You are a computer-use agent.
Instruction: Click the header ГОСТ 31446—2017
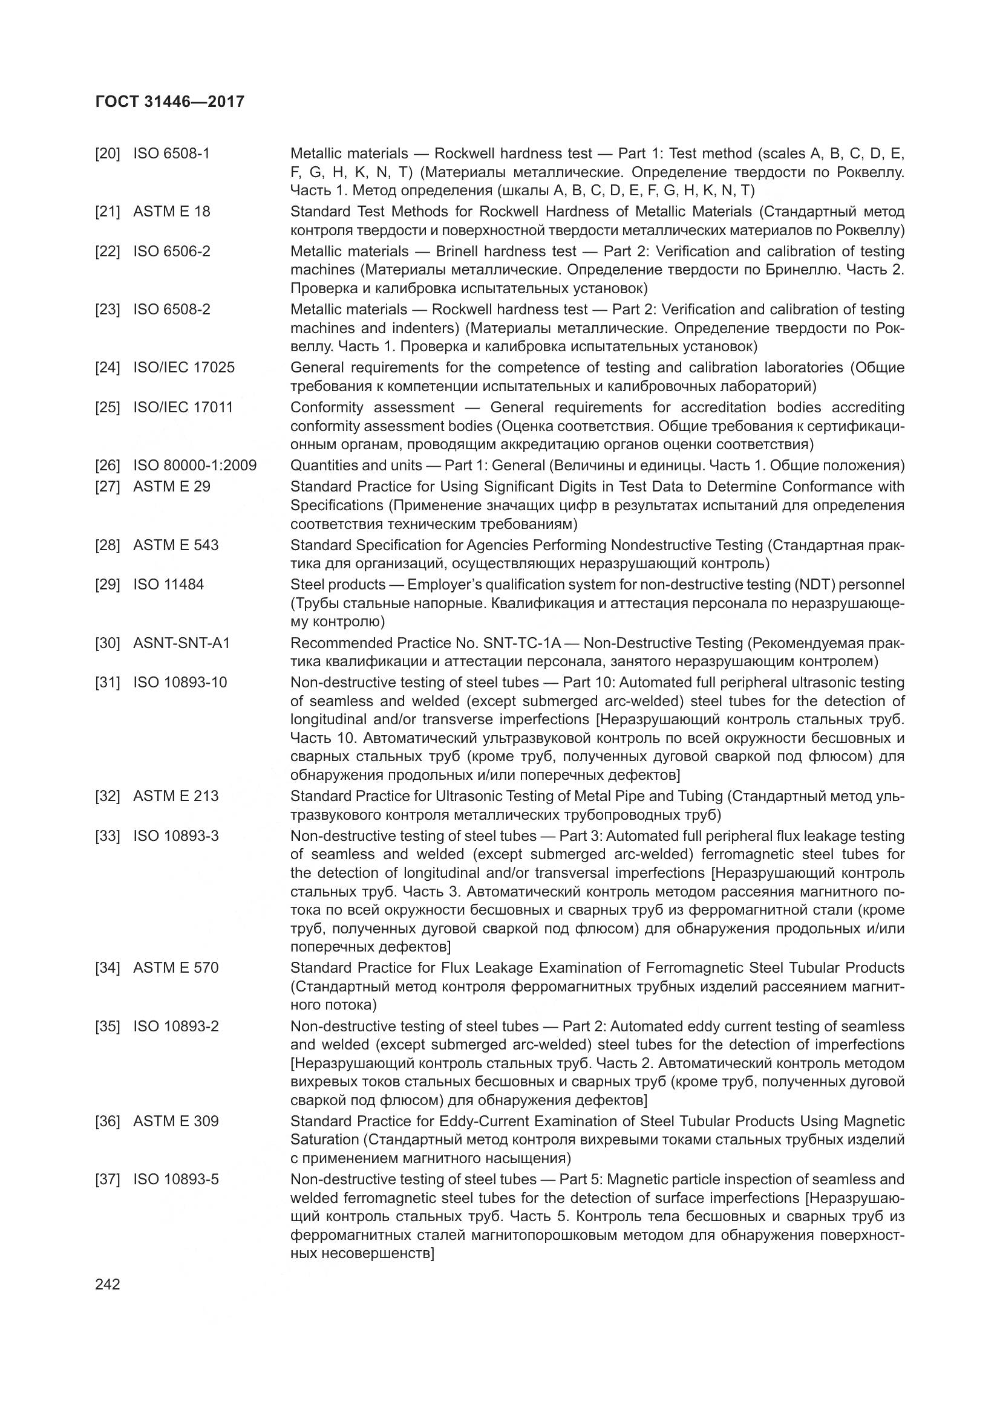(170, 102)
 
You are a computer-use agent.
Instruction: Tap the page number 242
(108, 1285)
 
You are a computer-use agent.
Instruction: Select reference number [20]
(107, 154)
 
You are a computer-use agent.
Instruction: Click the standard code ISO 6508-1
(171, 154)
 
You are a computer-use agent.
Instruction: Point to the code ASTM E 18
(171, 212)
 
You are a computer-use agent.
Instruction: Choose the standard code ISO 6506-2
(171, 251)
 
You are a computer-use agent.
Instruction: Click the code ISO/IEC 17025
(184, 368)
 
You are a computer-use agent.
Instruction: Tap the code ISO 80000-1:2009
(195, 465)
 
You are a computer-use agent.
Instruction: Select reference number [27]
(107, 487)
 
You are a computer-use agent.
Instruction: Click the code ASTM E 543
(175, 545)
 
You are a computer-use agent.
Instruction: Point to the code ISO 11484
(168, 585)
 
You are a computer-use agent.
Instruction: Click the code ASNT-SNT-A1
(181, 643)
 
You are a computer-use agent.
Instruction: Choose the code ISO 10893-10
(180, 683)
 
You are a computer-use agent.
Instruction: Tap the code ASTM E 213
(175, 796)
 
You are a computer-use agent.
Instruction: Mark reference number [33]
(107, 836)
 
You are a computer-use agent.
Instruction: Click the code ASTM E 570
(175, 968)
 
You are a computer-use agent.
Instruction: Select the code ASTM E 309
(175, 1121)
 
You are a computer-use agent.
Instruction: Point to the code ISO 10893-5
(175, 1179)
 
